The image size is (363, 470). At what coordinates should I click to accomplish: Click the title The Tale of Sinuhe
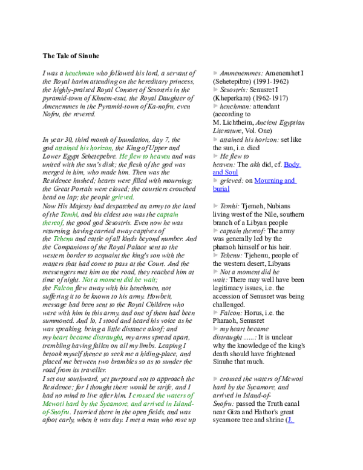click(71, 56)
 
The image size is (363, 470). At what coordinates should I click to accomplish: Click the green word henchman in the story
click(79, 73)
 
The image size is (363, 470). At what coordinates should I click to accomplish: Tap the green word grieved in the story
click(122, 197)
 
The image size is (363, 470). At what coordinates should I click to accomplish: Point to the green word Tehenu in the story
click(63, 239)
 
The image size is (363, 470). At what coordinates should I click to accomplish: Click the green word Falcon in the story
click(63, 288)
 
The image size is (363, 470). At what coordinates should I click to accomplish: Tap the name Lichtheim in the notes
click(238, 122)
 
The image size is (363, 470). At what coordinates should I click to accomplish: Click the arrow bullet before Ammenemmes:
click(215, 73)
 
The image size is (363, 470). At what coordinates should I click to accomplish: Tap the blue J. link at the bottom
click(290, 420)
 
